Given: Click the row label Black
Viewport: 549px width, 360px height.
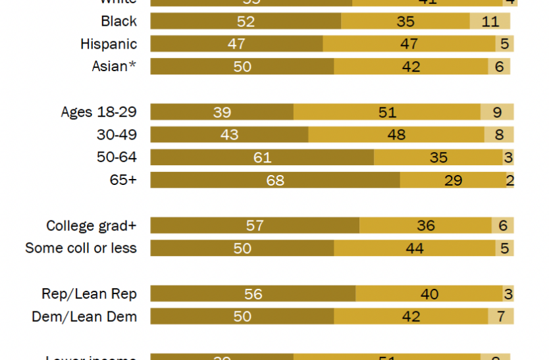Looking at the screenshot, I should (x=118, y=21).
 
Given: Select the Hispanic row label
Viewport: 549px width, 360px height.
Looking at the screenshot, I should (x=109, y=44).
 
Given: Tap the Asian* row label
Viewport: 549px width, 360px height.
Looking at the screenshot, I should (x=114, y=66).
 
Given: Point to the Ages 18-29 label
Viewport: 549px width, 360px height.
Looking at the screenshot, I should (x=99, y=112).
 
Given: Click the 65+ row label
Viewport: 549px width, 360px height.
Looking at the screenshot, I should (x=123, y=180).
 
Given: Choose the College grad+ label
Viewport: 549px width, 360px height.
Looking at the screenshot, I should (x=91, y=226).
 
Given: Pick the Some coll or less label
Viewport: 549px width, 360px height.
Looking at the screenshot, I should (x=81, y=248).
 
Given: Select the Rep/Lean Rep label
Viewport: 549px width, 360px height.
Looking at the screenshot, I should (x=89, y=294).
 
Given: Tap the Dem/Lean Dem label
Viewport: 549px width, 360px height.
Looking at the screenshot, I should (x=84, y=317).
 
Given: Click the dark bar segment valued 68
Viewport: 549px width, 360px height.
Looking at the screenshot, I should (x=274, y=180).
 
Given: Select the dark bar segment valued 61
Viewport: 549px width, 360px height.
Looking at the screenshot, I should (x=262, y=157).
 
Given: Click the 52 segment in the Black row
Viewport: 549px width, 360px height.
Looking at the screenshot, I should (x=246, y=21).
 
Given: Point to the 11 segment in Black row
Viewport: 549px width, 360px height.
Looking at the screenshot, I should (x=490, y=21).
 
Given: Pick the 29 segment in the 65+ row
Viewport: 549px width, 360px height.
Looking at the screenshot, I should (x=453, y=180).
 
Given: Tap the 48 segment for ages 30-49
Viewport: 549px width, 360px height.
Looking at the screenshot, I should (x=396, y=135).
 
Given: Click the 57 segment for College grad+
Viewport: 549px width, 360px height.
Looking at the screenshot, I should (x=255, y=226).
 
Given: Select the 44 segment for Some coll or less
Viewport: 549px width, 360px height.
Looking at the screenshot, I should (x=415, y=248).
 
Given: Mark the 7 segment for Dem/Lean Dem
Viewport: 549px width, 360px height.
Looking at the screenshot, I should (x=500, y=317).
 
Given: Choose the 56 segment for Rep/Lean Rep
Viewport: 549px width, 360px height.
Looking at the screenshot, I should (x=253, y=294).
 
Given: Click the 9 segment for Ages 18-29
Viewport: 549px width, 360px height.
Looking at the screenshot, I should (x=497, y=112).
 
